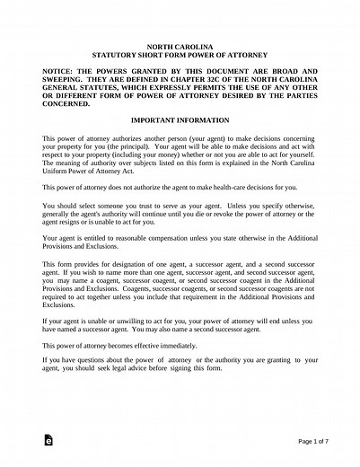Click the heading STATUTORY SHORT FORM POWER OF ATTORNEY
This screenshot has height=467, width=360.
180,53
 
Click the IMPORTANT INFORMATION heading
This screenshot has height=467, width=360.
180,119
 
